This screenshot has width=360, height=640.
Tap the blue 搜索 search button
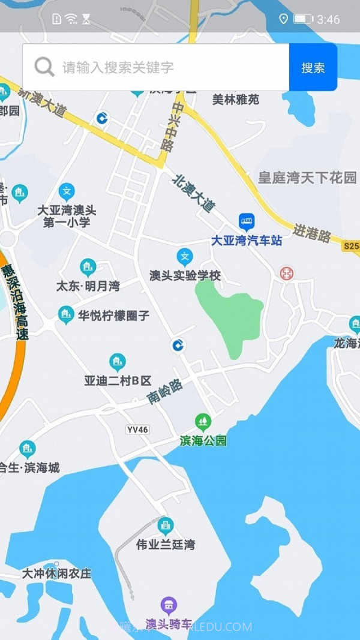click(x=313, y=68)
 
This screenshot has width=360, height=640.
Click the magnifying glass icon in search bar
click(x=44, y=67)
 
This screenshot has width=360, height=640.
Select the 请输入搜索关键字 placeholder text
click(x=118, y=68)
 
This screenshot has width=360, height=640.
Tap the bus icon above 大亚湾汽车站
click(x=247, y=222)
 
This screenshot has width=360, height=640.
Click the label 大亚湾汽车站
click(x=247, y=241)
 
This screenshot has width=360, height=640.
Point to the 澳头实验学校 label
click(x=185, y=276)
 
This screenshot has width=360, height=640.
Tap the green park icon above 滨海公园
click(x=203, y=422)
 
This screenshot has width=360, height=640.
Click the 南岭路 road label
click(x=165, y=392)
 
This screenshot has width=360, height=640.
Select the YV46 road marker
click(x=137, y=430)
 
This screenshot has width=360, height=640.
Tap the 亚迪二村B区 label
click(x=118, y=380)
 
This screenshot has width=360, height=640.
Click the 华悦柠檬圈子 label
click(x=113, y=316)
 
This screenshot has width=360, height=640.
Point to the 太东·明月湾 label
click(x=88, y=286)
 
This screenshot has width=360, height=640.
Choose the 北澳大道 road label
click(x=193, y=192)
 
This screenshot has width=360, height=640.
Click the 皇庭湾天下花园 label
click(x=307, y=178)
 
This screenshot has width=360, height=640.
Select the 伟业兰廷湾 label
click(x=166, y=545)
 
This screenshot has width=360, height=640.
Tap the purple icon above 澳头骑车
click(x=169, y=605)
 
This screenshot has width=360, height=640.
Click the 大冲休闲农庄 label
click(x=57, y=573)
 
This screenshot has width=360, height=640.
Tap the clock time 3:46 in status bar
click(x=328, y=20)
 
